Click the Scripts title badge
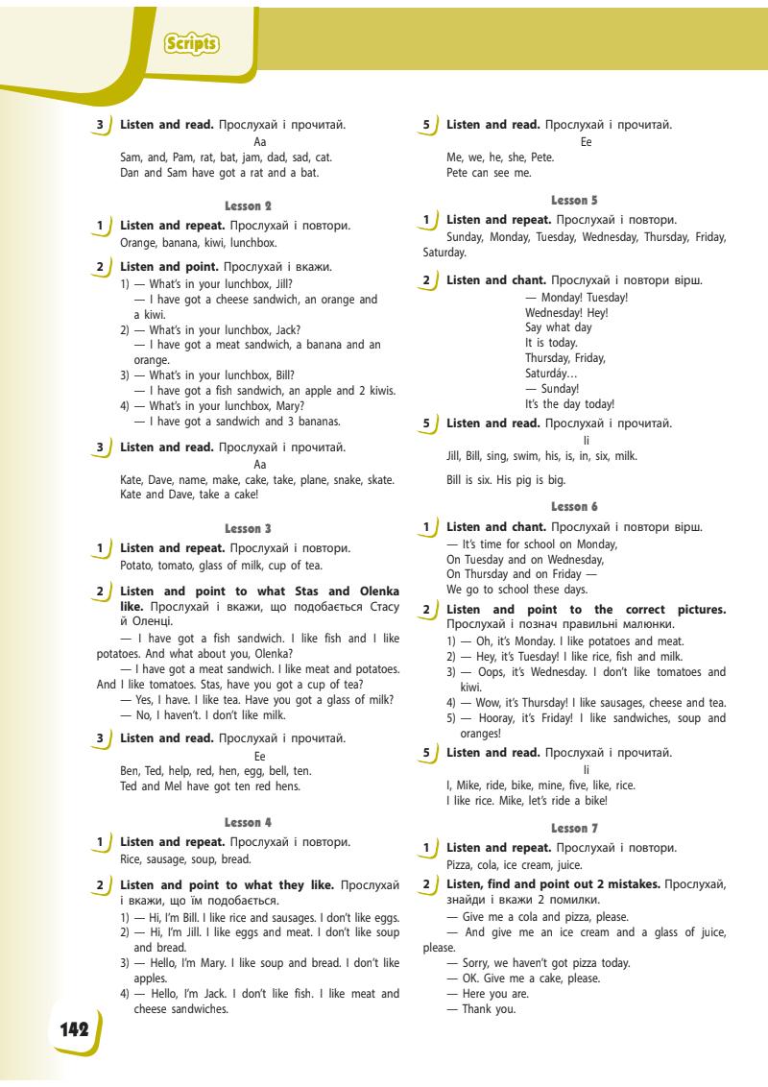point(192,44)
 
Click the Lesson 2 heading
point(249,205)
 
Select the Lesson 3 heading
point(249,528)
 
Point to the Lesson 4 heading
point(249,822)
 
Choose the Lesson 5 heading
point(575,200)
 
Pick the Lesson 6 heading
point(575,506)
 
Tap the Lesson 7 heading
point(575,828)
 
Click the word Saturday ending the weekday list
point(444,254)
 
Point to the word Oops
point(483,672)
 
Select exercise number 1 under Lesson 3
point(100,548)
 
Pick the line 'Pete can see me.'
point(489,174)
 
